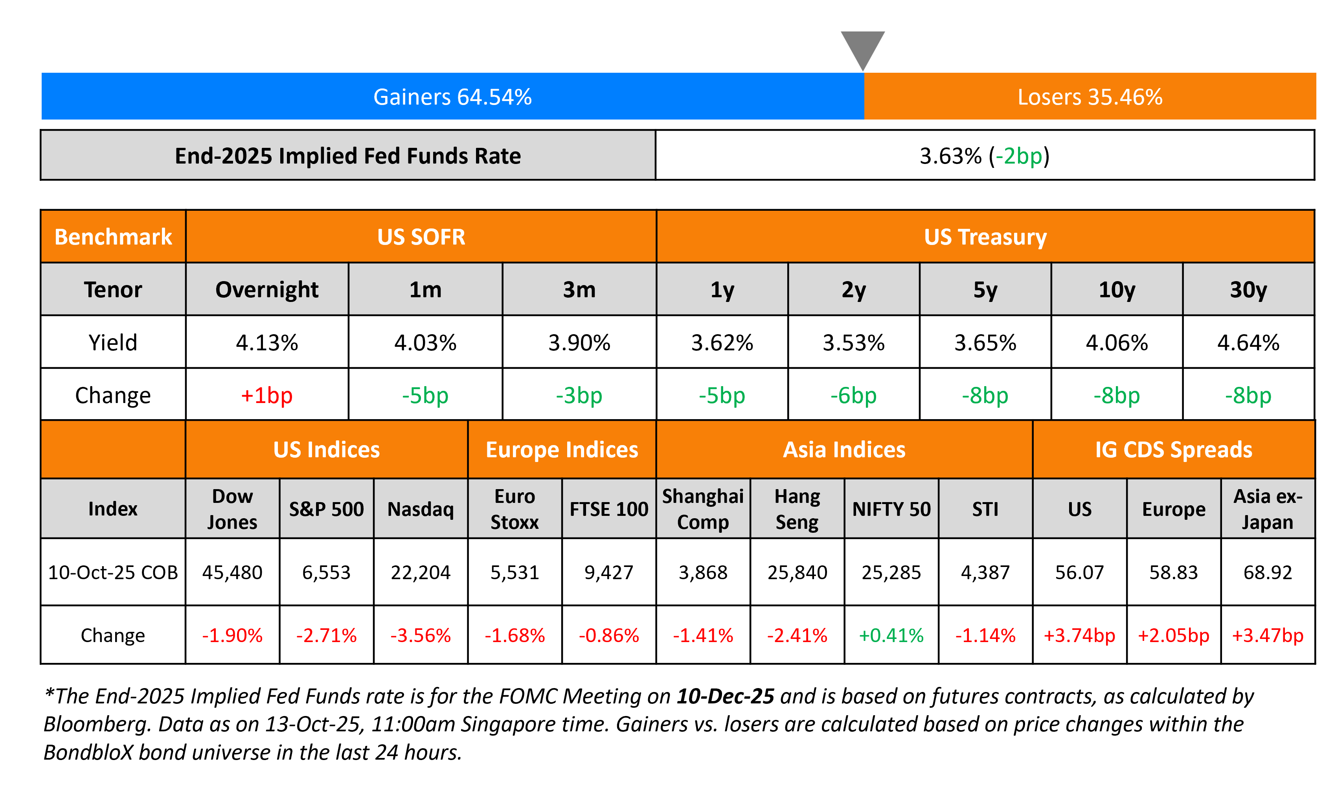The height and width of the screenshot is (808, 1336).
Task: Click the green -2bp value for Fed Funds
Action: pos(1018,156)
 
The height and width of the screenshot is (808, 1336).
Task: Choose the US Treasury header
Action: pos(985,237)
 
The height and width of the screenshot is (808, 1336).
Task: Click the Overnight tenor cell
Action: pos(267,289)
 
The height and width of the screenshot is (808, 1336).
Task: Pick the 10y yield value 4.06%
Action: pos(1116,343)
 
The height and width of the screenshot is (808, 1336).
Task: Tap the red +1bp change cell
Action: pos(267,395)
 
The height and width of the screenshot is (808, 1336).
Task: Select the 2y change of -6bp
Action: pos(853,395)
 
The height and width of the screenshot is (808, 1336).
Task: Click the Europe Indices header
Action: pos(562,449)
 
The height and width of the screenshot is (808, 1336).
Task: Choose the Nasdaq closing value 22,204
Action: pos(420,572)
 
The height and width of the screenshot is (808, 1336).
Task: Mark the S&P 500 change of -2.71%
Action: pos(326,635)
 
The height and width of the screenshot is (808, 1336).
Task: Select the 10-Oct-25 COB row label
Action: pos(113,572)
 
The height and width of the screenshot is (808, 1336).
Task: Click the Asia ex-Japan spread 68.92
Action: pos(1267,572)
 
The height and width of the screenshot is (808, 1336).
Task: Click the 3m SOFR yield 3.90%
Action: pos(579,343)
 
